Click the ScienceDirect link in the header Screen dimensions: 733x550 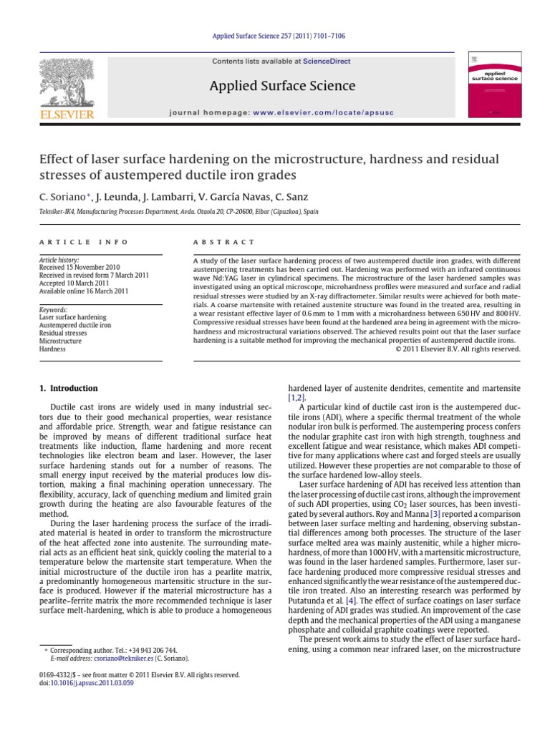pyautogui.click(x=327, y=62)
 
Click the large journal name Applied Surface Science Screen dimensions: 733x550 pyautogui.click(x=282, y=87)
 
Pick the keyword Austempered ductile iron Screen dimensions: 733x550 pyautogui.click(x=75, y=325)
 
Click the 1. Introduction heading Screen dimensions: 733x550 pyautogui.click(x=69, y=389)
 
